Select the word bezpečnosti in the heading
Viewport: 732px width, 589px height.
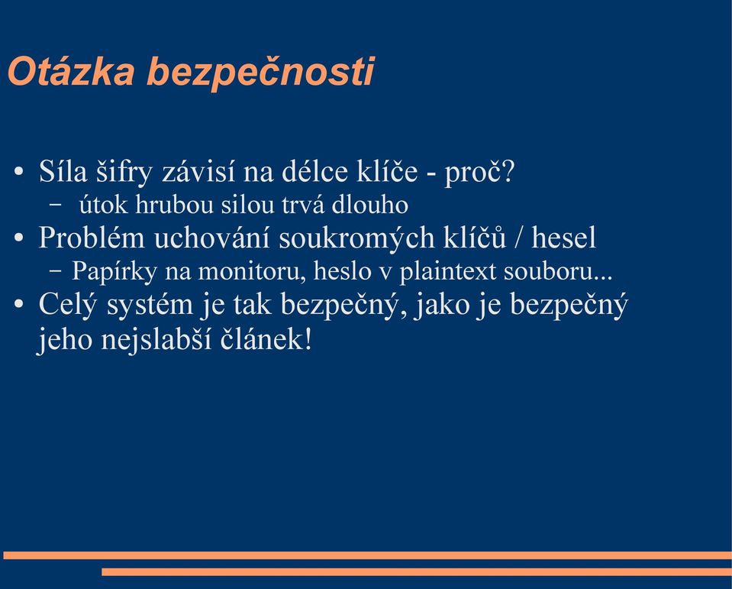(x=260, y=73)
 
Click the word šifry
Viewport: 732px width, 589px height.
(x=124, y=173)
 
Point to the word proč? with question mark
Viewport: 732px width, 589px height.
(x=479, y=173)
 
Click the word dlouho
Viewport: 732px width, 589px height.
(x=369, y=205)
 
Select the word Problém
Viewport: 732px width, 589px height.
(x=92, y=237)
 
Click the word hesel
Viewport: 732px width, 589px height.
(x=563, y=237)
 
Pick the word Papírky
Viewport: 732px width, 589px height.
(x=114, y=271)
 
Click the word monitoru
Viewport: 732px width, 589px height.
(x=252, y=271)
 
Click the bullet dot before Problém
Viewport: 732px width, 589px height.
(x=18, y=238)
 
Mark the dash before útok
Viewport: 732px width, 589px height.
(x=56, y=205)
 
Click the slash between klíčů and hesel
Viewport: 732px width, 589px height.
(x=518, y=237)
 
